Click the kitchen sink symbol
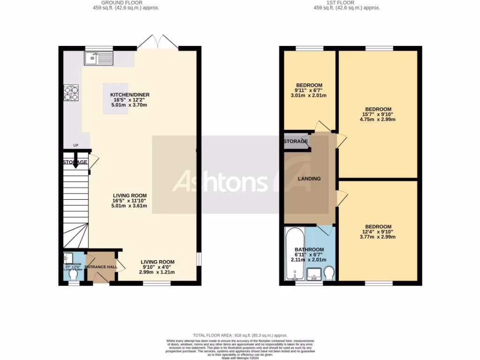click(98, 59)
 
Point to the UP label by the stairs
click(75, 145)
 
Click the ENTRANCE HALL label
click(101, 267)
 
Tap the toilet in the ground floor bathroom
click(73, 276)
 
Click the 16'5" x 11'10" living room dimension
click(129, 201)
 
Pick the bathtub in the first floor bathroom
click(294, 254)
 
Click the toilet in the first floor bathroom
click(329, 273)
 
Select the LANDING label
click(309, 179)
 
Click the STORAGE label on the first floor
click(295, 141)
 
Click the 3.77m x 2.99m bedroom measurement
click(377, 237)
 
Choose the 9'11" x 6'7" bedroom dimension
click(308, 90)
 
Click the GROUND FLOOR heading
click(123, 3)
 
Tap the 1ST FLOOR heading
click(346, 3)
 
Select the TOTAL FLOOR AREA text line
click(240, 335)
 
